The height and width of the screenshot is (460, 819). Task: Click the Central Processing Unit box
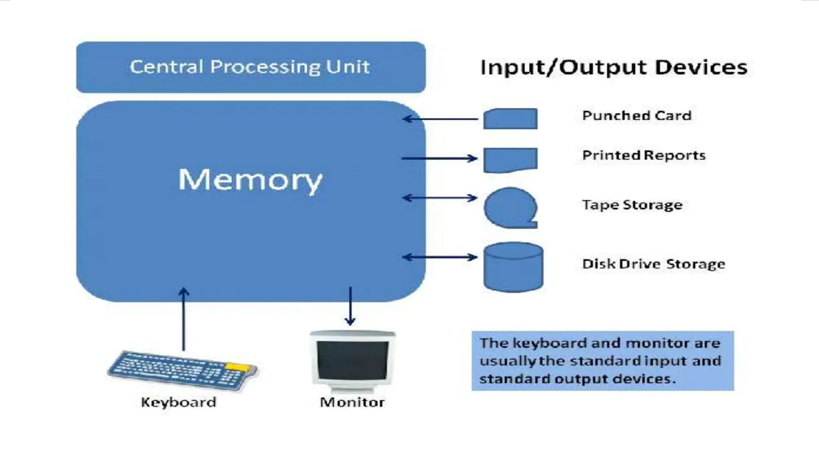coord(251,67)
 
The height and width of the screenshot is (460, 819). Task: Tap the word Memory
coord(250,180)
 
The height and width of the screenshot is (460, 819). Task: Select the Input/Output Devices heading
coord(614,67)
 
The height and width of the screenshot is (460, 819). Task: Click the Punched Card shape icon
coord(510,119)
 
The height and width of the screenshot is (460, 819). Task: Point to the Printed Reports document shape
coord(510,159)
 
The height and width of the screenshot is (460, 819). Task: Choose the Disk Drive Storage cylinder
coord(513,267)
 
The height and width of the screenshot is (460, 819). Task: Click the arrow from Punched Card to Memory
coord(440,119)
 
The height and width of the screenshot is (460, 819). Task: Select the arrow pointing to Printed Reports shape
coord(440,159)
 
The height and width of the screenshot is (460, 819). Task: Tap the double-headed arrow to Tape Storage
coord(440,198)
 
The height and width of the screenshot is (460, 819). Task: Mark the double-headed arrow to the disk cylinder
coord(440,257)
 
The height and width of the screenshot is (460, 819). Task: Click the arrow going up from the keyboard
coord(184,319)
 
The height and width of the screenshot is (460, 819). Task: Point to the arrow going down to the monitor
coord(350,305)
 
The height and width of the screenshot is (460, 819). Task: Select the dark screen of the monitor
coord(353,361)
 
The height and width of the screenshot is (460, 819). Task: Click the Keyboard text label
coord(178,402)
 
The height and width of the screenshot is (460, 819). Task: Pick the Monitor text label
coord(352,402)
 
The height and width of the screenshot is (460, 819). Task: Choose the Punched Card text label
coord(637,116)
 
